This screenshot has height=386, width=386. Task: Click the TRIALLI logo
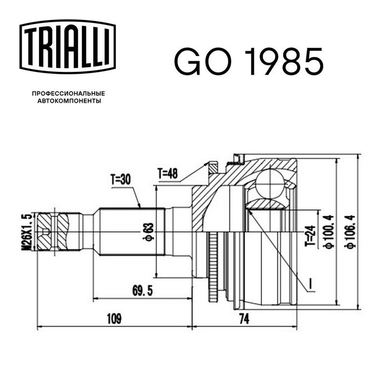68,47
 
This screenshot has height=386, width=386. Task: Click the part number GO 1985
249,62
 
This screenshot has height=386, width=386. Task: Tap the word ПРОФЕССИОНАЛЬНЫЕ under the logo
69,94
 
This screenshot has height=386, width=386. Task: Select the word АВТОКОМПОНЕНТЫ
69,101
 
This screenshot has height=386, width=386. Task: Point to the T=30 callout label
121,179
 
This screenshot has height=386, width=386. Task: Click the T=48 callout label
167,174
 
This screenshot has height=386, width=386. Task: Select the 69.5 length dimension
142,291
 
